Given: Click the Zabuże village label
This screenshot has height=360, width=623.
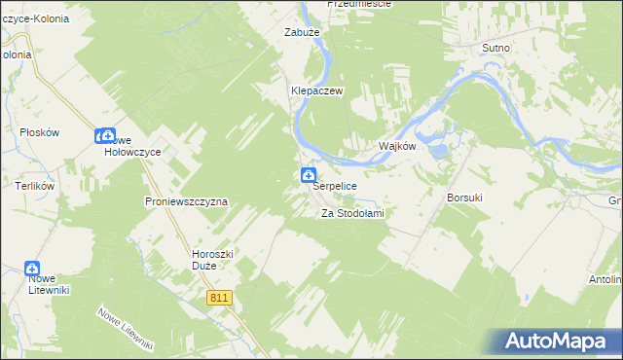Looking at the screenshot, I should pos(302,32).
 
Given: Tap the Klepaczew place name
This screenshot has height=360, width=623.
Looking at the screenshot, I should pos(313,90).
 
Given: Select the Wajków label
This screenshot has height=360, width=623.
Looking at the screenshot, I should pos(397,147).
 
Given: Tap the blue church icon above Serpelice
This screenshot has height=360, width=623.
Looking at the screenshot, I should pos(307,175).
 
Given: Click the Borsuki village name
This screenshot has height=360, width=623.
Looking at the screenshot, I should pos(464,198).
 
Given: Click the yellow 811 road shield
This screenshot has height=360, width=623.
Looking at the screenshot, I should pos(219,298).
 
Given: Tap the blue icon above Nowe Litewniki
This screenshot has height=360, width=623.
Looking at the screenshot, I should pos(31,268).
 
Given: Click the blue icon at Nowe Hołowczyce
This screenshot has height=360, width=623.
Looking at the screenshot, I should pos(102,137).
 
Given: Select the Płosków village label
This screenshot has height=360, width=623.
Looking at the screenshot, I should pos(40,132).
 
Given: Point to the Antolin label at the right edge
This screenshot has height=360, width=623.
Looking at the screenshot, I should pos(605,280).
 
